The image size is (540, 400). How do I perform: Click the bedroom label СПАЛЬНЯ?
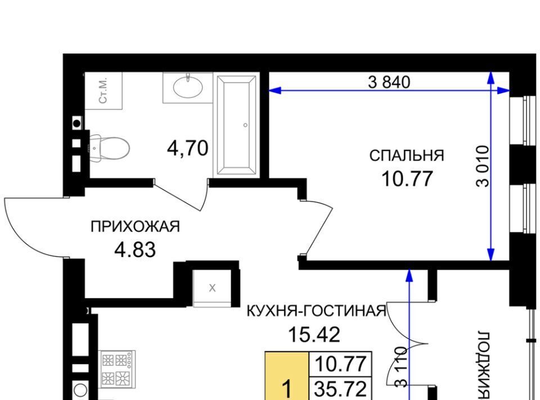click(407, 155)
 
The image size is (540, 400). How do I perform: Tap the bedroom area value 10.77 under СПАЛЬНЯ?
click(407, 179)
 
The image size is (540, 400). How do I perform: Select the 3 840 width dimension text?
click(389, 82)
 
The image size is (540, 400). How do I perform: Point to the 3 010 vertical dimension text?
click(482, 166)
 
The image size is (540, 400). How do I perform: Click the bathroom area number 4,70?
click(188, 148)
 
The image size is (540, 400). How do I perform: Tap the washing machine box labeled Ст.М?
click(103, 91)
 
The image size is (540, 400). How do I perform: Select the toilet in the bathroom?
click(110, 148)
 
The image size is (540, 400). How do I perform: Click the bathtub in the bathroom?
click(236, 126)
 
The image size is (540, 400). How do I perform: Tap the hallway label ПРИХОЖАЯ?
click(136, 227)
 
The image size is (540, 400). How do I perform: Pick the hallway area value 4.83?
click(135, 250)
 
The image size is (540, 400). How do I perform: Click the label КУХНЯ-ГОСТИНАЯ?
click(317, 311)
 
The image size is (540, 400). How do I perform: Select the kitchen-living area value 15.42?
click(314, 334)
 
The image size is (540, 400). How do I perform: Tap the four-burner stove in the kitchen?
click(117, 369)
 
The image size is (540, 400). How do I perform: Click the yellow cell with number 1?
click(287, 376)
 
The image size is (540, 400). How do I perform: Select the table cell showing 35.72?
click(341, 389)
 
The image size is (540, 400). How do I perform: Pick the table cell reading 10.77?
click(341, 364)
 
